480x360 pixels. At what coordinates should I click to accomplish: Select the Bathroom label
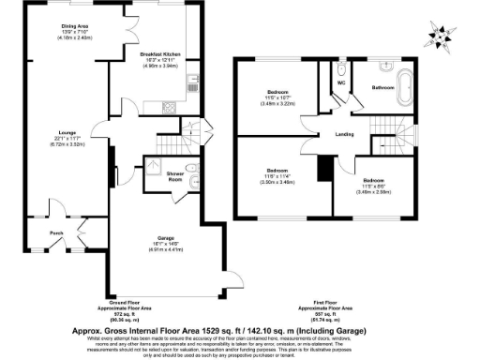(382, 87)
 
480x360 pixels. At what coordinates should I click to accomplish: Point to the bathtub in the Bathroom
(405, 87)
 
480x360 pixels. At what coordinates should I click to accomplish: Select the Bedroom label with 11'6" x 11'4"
(277, 172)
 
